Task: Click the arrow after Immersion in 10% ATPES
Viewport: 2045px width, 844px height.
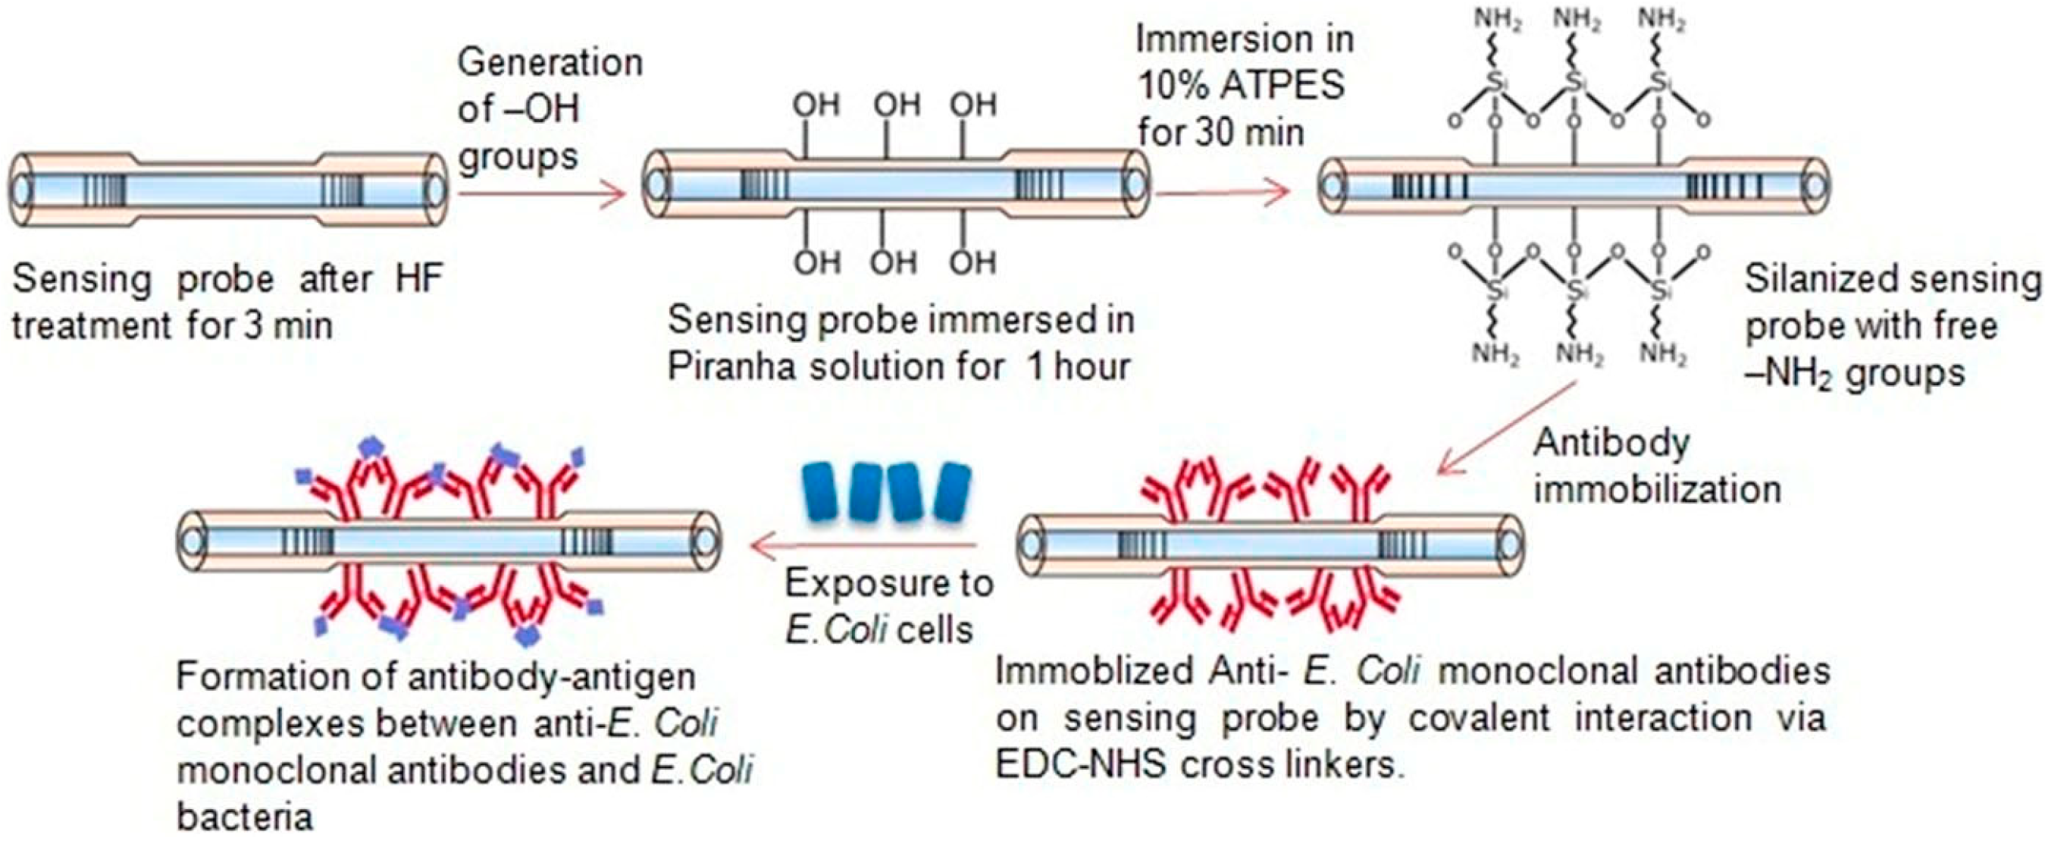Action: (1221, 193)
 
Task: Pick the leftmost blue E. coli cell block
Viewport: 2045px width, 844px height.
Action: (821, 492)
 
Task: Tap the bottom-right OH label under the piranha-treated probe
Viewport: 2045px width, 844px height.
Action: (973, 263)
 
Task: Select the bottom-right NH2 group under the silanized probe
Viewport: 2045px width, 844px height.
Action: (1661, 355)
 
